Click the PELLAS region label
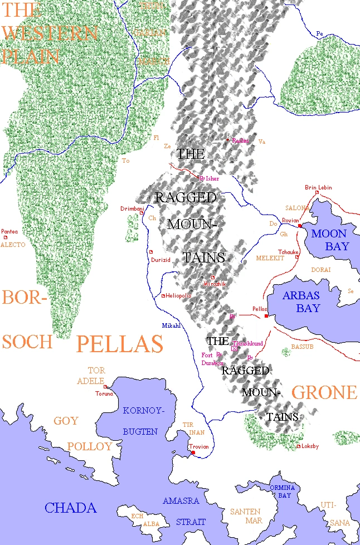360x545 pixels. tap(119, 344)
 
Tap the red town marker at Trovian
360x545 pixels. tap(193, 453)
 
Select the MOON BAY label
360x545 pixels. tap(330, 240)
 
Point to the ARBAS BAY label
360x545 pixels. tap(301, 301)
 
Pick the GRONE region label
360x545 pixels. tap(324, 392)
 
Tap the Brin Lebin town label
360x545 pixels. tap(318, 187)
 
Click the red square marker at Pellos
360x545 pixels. tap(266, 316)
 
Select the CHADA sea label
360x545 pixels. tap(71, 508)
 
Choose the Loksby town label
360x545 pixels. tap(310, 446)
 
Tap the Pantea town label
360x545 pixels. tap(9, 231)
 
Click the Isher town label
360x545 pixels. tap(212, 178)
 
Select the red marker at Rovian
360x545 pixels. tap(299, 226)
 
